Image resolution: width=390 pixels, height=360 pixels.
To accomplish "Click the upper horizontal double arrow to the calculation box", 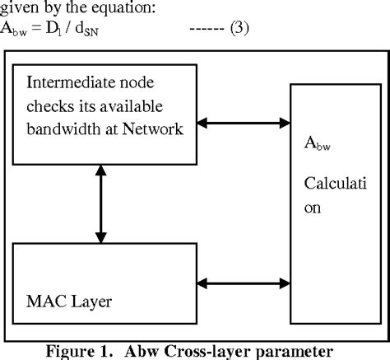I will point(243,125).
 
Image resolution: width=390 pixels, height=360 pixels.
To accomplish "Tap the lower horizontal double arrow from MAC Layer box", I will point(243,284).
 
